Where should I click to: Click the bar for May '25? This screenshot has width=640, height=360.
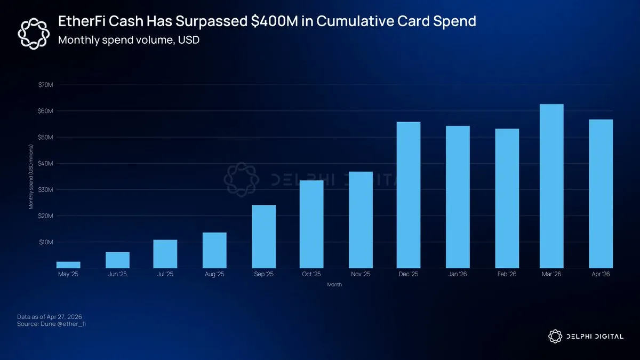68,265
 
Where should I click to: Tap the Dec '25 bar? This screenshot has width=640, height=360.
409,195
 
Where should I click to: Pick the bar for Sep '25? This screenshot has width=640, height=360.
264,236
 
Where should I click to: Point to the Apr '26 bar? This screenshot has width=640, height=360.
601,194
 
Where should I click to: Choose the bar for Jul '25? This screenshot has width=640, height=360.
165,254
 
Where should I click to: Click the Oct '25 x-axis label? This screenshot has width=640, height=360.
311,275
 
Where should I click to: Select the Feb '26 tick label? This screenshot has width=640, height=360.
506,275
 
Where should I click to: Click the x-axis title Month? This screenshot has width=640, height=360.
334,285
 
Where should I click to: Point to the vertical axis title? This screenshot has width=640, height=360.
31,176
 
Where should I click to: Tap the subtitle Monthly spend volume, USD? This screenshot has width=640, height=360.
129,39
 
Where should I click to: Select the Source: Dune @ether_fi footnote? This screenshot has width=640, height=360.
51,324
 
